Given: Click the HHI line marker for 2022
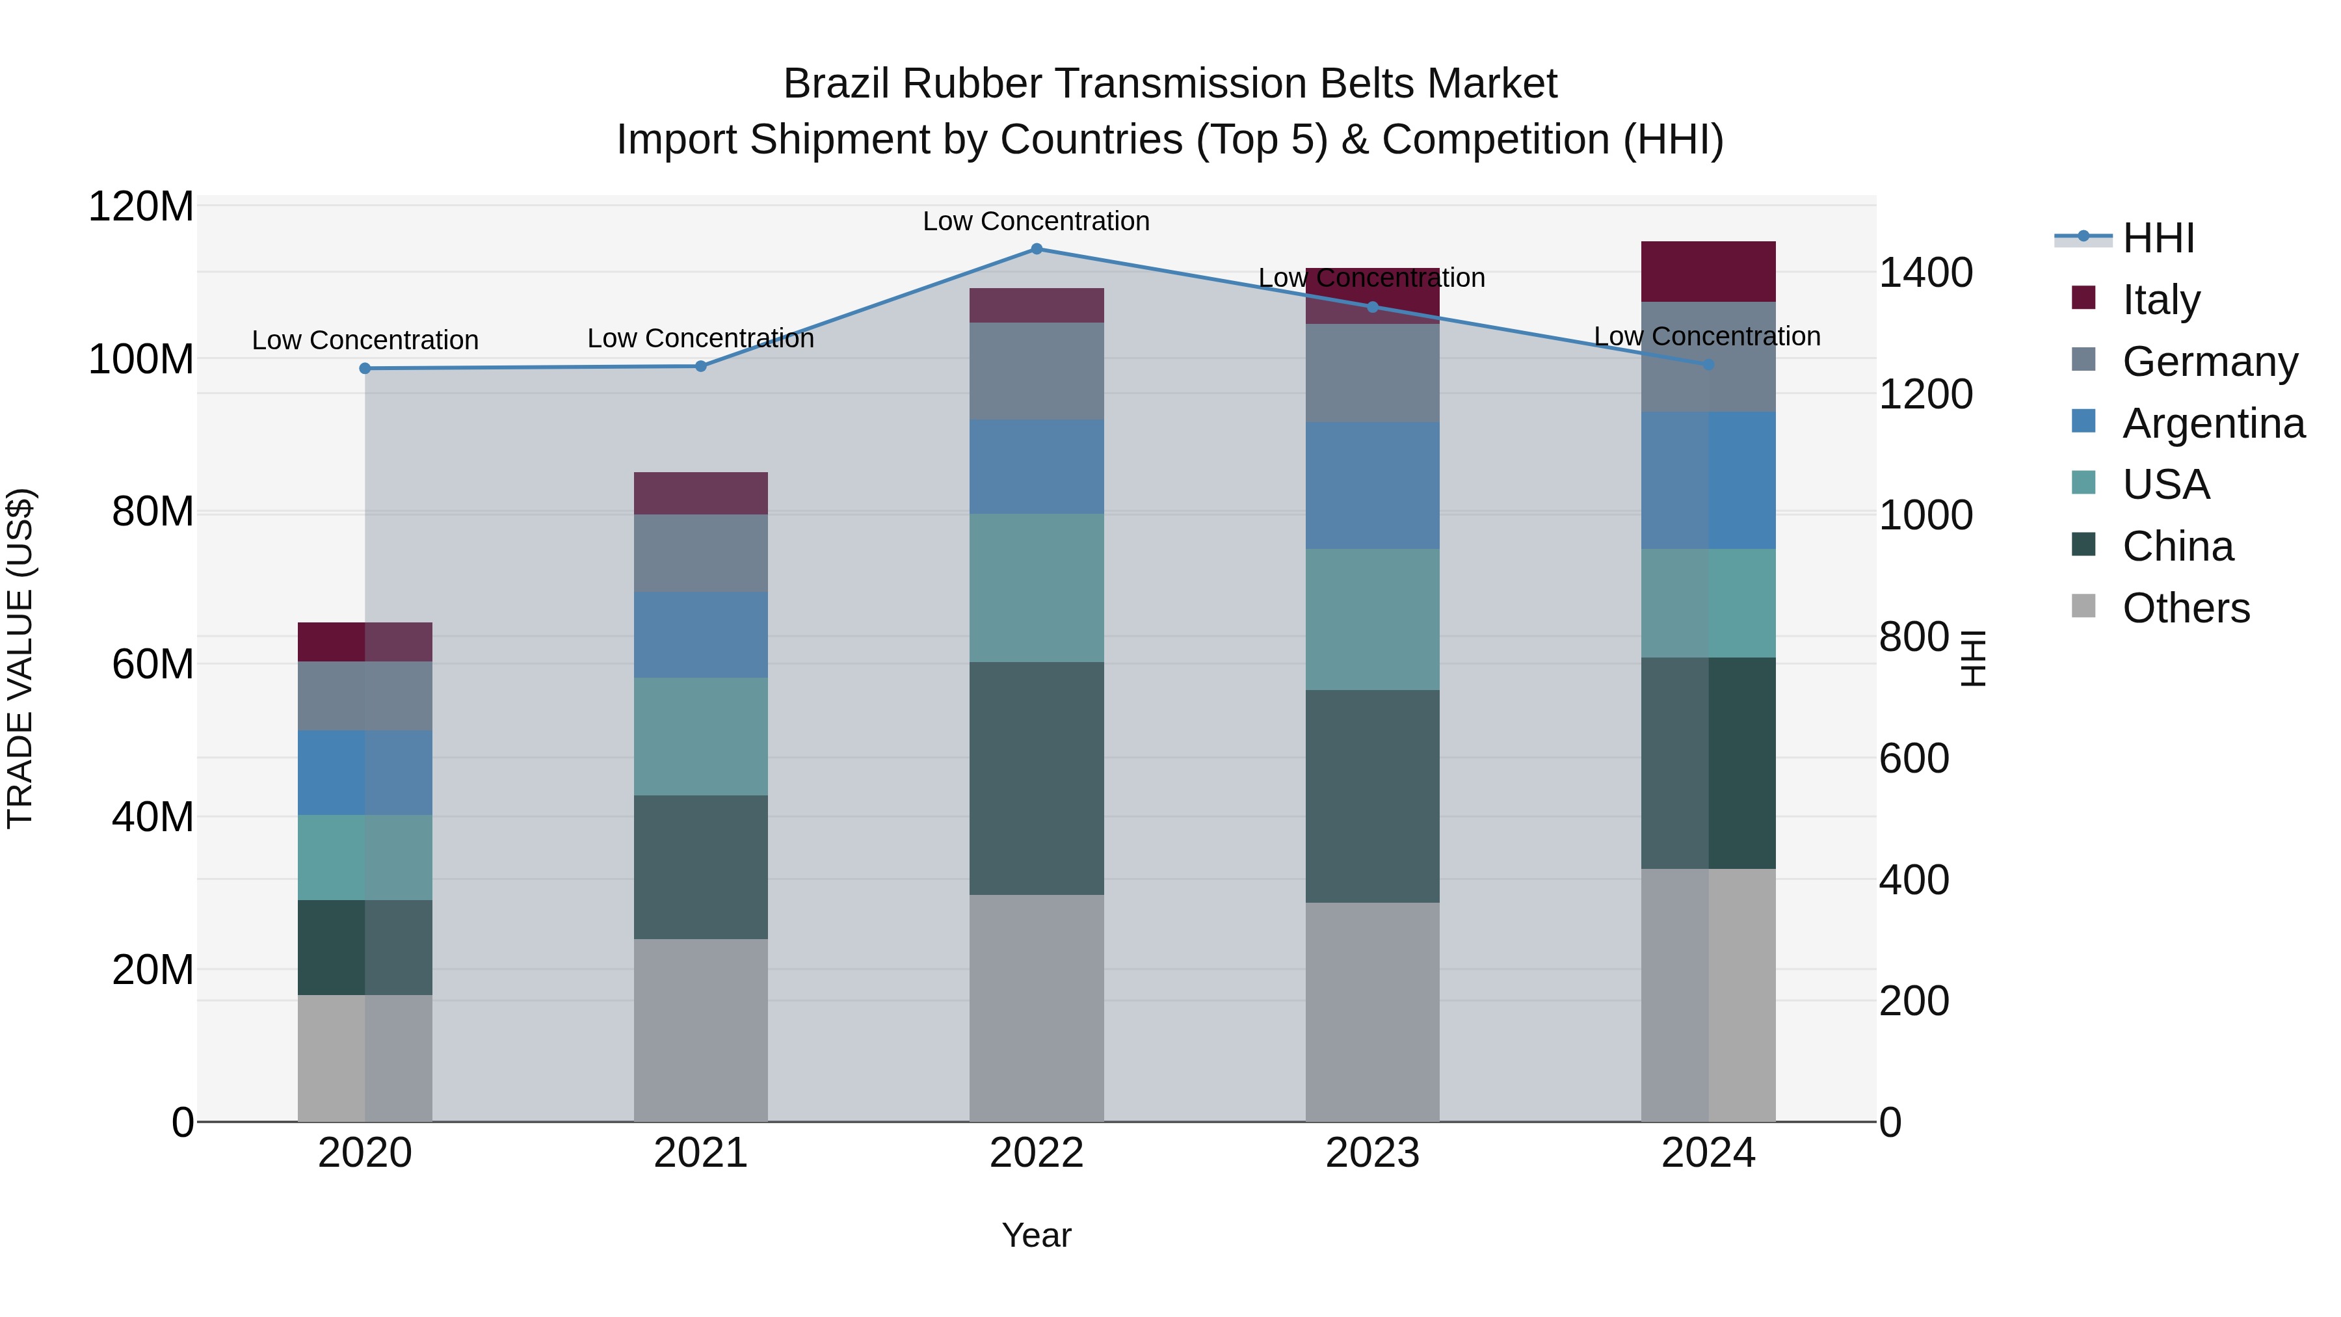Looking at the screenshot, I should click(x=1036, y=249).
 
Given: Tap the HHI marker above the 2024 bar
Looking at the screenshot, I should click(x=1708, y=364).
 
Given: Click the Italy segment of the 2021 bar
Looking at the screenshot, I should click(x=700, y=494).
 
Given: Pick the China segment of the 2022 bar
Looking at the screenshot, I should click(x=1036, y=778).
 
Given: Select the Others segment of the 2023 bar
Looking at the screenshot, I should click(x=1372, y=1011).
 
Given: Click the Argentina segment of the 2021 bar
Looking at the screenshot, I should click(x=700, y=634).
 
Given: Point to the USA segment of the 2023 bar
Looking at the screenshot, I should click(x=1372, y=619).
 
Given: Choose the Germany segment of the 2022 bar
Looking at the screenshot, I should click(x=1036, y=371).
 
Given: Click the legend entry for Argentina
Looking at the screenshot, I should click(x=2213, y=423).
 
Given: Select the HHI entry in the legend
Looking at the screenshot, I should click(x=2158, y=238).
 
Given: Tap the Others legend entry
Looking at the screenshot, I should click(x=2186, y=608).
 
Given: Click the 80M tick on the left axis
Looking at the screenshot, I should click(x=152, y=512).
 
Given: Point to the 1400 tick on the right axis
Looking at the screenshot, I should click(x=1925, y=273).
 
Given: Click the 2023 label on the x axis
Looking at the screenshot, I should click(x=1372, y=1153).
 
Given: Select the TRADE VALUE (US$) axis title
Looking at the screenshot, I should click(x=21, y=658).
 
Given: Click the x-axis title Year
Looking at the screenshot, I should click(x=1036, y=1235).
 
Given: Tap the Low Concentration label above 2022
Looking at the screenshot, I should click(x=1036, y=221).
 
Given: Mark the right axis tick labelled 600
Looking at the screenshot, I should click(x=1913, y=758).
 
